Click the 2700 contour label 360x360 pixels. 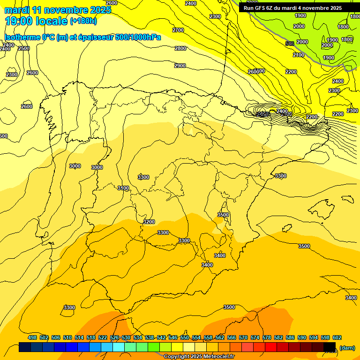[178, 30]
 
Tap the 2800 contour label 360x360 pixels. [180, 48]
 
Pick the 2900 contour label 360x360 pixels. [180, 66]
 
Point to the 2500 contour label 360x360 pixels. [24, 48]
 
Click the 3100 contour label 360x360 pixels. [123, 188]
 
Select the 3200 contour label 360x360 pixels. [149, 222]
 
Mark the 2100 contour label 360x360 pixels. [298, 55]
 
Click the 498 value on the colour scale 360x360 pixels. [32, 337]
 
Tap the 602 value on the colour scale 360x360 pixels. [337, 337]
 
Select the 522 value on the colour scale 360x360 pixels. [103, 337]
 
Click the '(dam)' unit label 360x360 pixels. [347, 347]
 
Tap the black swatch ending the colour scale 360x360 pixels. [330, 347]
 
